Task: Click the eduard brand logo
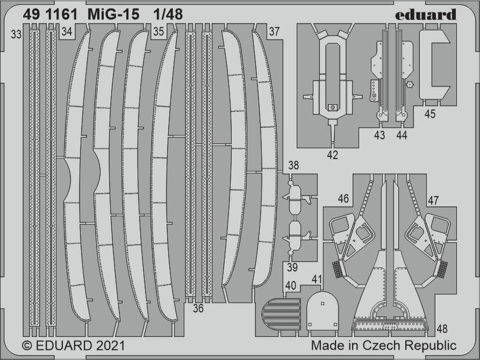tap(426, 15)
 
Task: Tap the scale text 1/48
tap(168, 15)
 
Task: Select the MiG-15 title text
tap(113, 15)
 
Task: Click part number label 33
tap(16, 34)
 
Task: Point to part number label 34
tap(67, 32)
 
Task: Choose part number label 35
tap(159, 32)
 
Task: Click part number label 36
tap(198, 308)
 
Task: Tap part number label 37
tap(274, 31)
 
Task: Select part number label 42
tap(332, 155)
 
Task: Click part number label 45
tap(430, 114)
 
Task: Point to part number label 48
tap(442, 329)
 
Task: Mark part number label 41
tap(317, 279)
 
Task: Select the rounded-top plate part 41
tap(323, 311)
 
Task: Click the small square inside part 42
tap(332, 107)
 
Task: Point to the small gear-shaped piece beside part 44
tap(409, 84)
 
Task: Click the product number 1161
tap(62, 15)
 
